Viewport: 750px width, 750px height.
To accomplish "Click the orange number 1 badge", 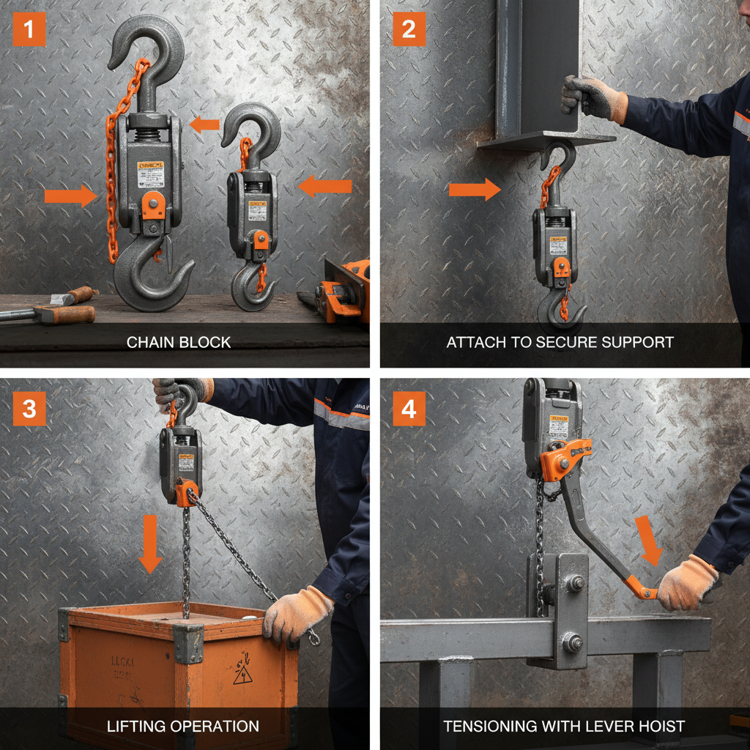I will click(29, 29).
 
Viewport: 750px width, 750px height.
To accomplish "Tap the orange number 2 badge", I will click(409, 29).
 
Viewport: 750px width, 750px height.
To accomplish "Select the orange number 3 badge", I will click(29, 409).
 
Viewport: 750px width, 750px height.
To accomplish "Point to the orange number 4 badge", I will click(409, 409).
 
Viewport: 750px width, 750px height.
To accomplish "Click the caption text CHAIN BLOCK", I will click(179, 342).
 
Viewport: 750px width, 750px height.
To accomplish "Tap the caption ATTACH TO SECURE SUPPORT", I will click(560, 342).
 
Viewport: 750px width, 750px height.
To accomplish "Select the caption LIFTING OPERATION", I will click(183, 727).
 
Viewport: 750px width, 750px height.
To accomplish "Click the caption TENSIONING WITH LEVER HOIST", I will click(564, 727).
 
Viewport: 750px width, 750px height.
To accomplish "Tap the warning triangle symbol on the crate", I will click(243, 675).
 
